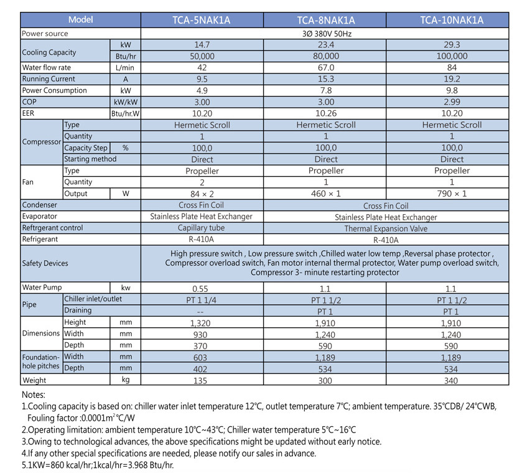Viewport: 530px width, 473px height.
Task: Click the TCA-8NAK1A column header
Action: (325, 20)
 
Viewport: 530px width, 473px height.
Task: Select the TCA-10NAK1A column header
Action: (448, 20)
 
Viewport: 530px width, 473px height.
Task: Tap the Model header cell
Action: (81, 20)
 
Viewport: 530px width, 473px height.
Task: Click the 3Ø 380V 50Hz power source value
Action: (325, 34)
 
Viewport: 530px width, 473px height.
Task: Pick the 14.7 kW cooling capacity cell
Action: (202, 45)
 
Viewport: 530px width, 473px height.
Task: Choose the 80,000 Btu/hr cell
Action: (325, 56)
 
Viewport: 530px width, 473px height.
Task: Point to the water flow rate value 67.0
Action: (325, 67)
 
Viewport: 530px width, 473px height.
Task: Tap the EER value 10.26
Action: (325, 113)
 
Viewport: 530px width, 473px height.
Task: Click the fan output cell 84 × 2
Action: (202, 194)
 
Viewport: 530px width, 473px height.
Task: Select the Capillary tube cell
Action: (202, 228)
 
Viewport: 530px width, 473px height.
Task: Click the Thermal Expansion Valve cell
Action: (386, 228)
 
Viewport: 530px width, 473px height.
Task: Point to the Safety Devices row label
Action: (45, 263)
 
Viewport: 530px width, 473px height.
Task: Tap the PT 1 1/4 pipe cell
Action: (202, 299)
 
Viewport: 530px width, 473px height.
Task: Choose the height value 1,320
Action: (202, 322)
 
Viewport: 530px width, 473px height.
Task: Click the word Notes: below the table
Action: (34, 395)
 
